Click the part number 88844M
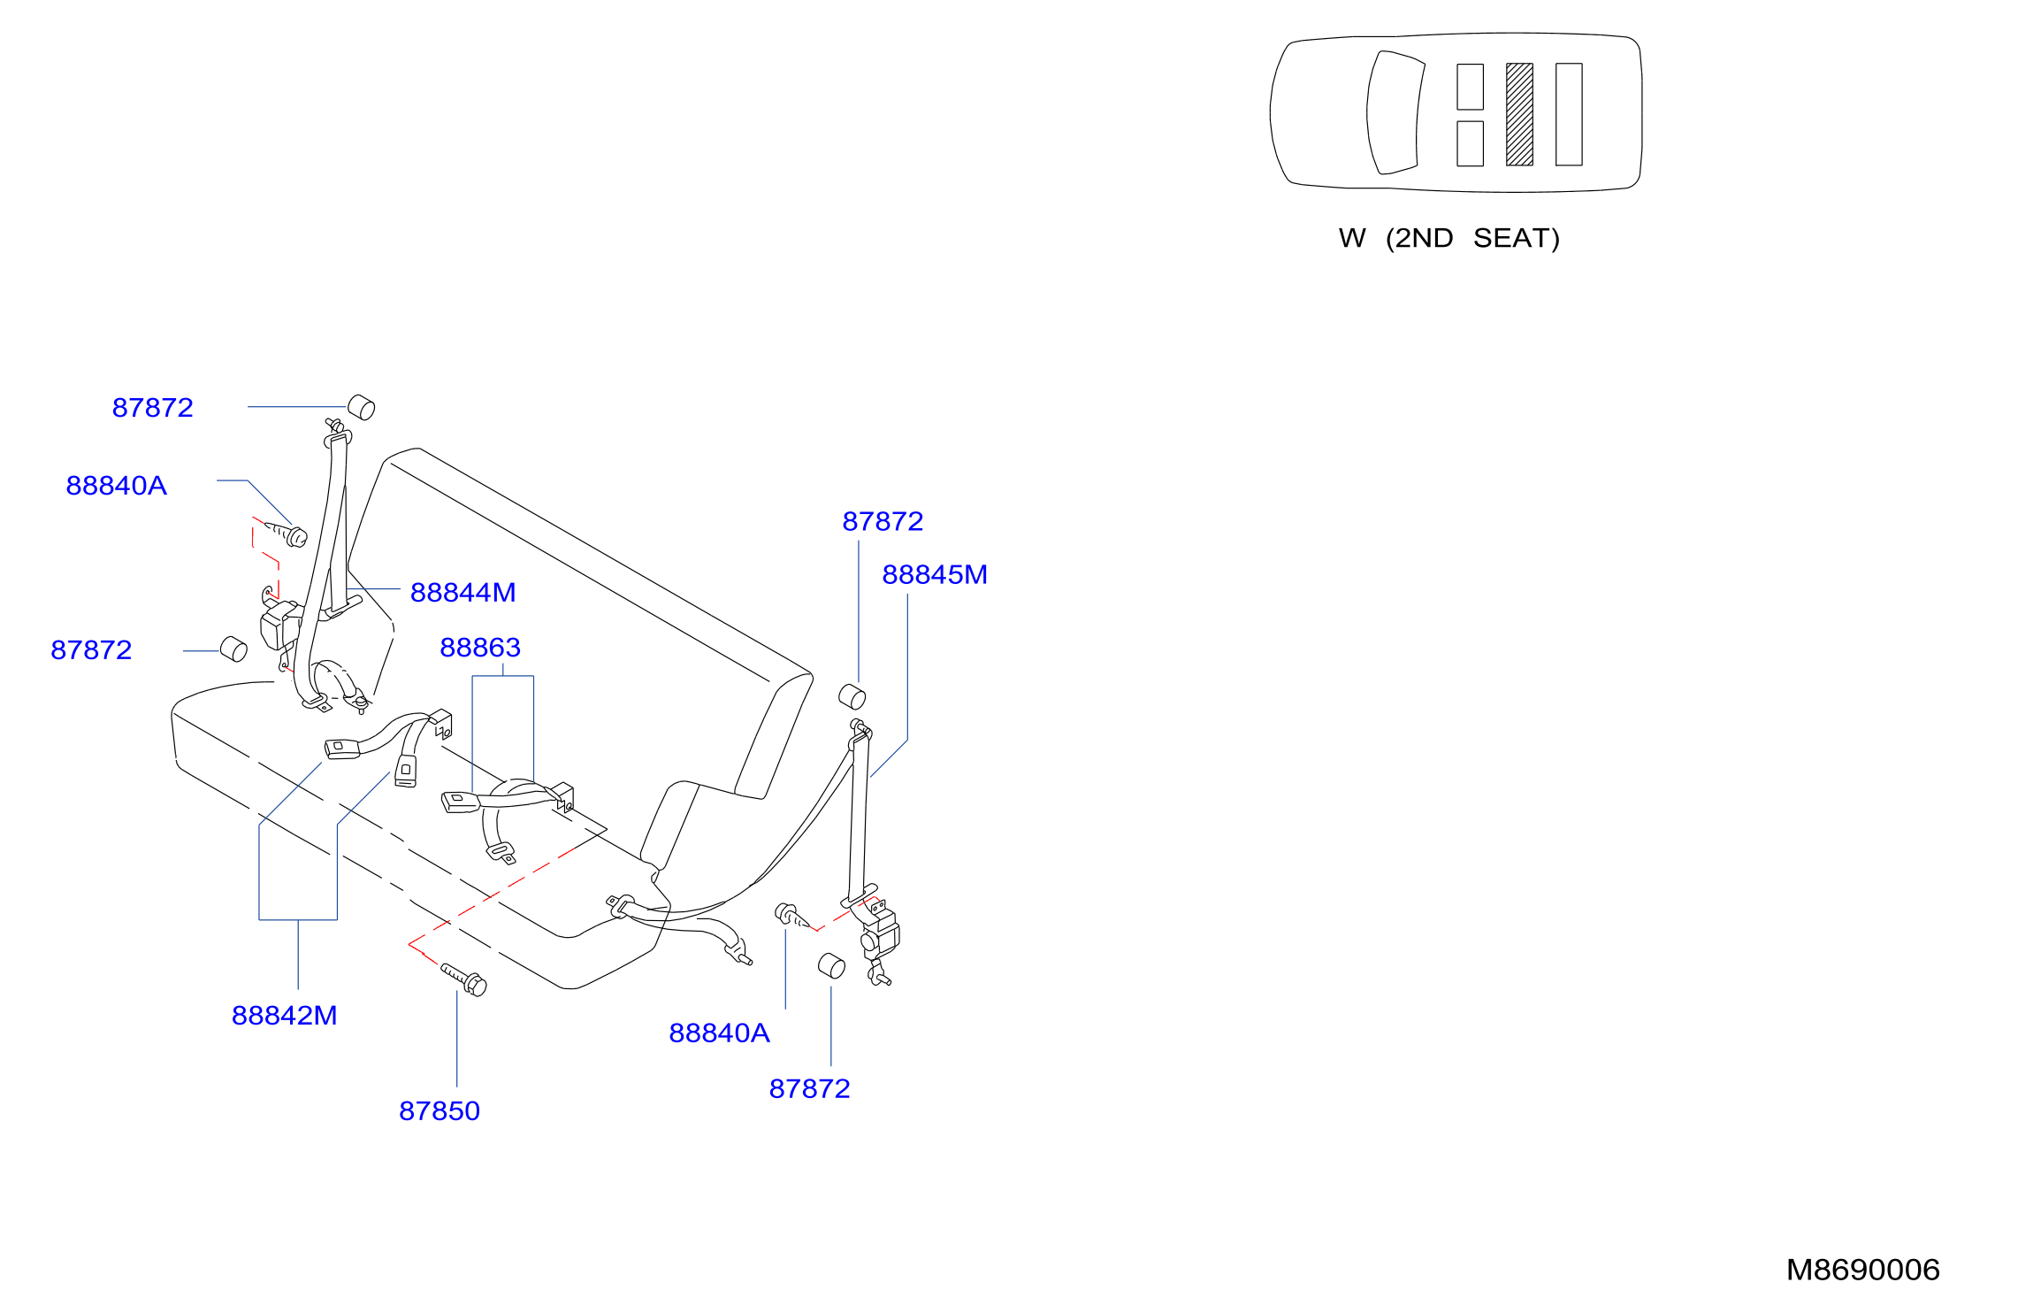pos(462,592)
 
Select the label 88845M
pos(935,574)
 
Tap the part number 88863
pos(480,647)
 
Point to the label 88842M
pos(284,1015)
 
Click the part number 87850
pos(440,1110)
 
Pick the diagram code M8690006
pos(1862,1270)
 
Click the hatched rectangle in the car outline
pos(1519,114)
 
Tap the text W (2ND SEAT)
pos(1449,238)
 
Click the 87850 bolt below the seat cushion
pos(464,979)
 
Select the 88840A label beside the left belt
pos(117,485)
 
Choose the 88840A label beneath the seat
pos(719,1033)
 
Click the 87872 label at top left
pos(152,407)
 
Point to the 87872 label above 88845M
pos(883,521)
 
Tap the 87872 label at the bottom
pos(809,1088)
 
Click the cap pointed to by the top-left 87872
pos(362,408)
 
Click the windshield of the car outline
pos(1395,112)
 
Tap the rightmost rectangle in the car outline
pos(1569,114)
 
